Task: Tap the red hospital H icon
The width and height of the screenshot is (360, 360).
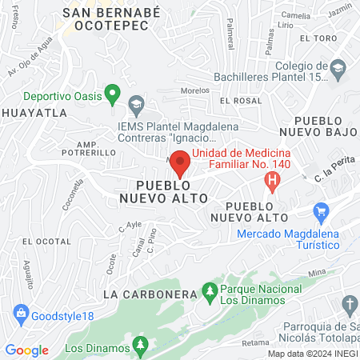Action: (274, 182)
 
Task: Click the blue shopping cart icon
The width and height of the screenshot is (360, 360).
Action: (322, 213)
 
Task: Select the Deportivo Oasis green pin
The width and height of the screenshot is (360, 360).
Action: (114, 95)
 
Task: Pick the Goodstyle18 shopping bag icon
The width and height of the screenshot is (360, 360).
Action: (21, 314)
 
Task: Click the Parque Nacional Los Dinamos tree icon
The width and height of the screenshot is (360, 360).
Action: (210, 289)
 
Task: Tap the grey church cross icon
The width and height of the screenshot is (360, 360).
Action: (349, 304)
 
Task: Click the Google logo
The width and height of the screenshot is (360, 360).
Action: (26, 350)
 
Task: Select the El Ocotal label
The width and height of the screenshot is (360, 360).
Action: (41, 241)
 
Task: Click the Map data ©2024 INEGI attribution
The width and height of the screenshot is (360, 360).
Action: (312, 354)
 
